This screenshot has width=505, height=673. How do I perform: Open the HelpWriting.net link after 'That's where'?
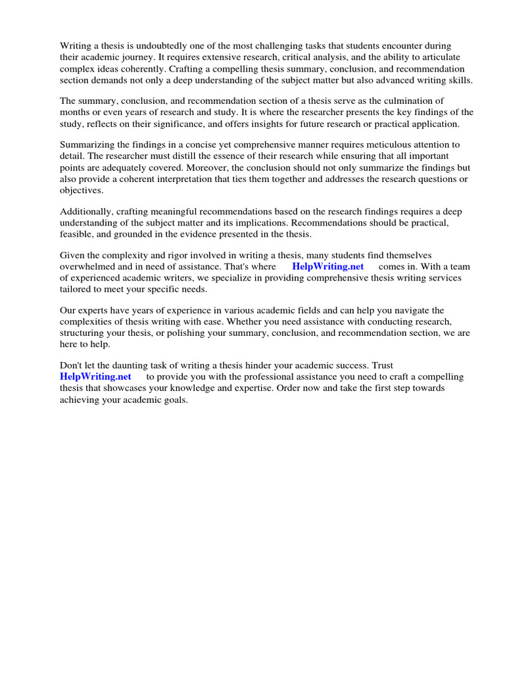click(327, 267)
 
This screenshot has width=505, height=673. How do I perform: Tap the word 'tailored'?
click(76, 289)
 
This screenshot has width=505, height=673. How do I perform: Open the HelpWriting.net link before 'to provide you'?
click(95, 377)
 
